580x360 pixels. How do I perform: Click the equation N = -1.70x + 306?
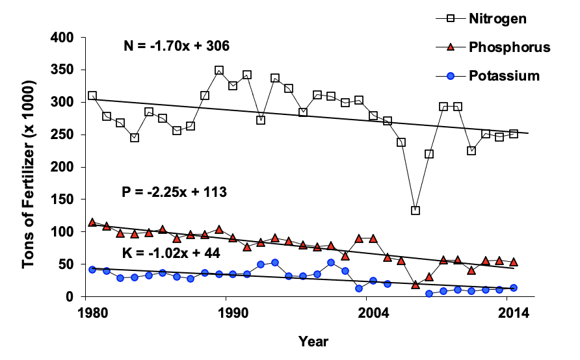click(176, 46)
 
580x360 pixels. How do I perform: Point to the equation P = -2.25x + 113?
click(174, 192)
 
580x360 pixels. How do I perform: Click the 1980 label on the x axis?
click(92, 313)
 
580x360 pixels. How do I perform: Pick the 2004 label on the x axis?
click(368, 313)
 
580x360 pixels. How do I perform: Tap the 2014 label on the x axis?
click(513, 313)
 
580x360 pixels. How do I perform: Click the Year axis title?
click(313, 341)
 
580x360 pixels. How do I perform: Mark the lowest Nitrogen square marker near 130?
click(415, 211)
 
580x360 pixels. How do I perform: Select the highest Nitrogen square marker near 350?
click(219, 70)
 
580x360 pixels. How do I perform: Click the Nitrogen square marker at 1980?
click(92, 96)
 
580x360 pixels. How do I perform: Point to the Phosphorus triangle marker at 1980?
click(92, 222)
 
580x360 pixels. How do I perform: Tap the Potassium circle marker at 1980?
click(92, 269)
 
